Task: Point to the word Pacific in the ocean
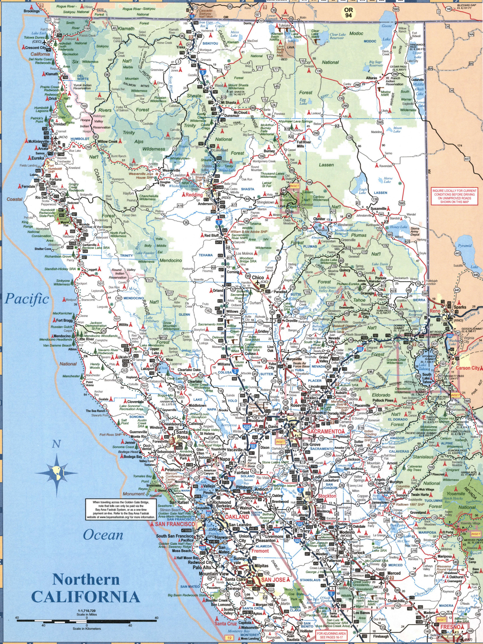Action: tap(27, 299)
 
